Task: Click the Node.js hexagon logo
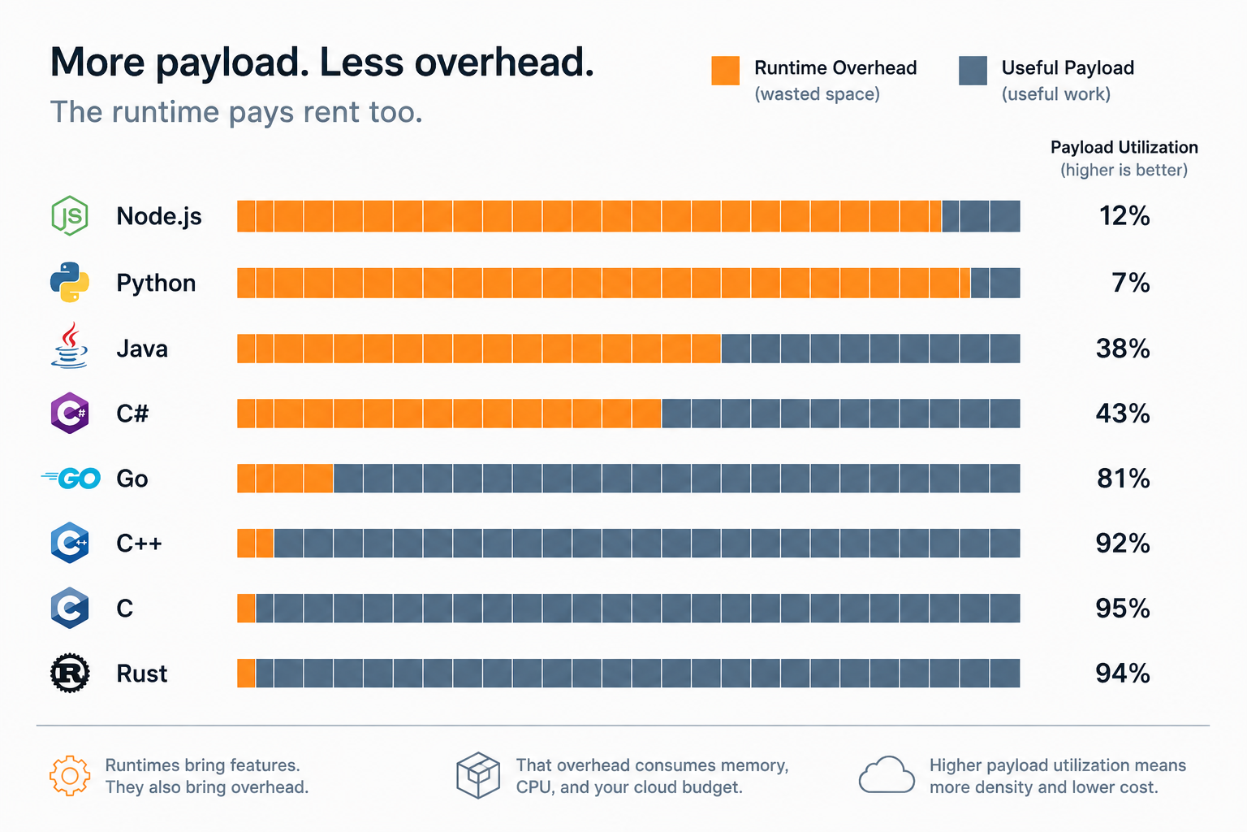[x=70, y=215]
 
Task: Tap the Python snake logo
[x=70, y=282]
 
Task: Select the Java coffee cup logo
[x=70, y=345]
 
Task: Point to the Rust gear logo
[x=70, y=673]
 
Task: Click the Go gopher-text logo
[x=71, y=478]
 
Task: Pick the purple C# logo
[x=70, y=413]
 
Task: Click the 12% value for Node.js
[x=1124, y=215]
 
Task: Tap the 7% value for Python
[x=1131, y=283]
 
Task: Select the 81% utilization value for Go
[x=1124, y=478]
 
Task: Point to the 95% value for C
[x=1123, y=608]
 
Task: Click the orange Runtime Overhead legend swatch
[x=725, y=70]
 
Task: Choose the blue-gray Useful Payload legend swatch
[x=973, y=70]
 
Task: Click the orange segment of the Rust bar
[x=246, y=674]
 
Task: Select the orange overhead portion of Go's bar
[x=285, y=478]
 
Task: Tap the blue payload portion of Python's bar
[x=995, y=283]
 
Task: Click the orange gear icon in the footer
[x=70, y=775]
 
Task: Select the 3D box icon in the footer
[x=477, y=775]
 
